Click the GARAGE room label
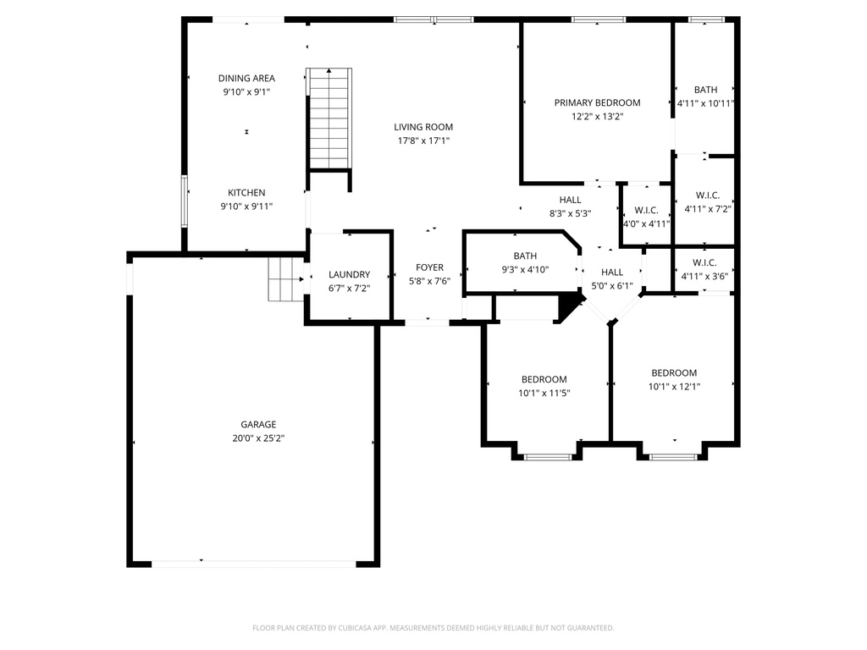[257, 425]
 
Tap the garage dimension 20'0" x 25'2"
[257, 438]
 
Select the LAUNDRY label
[349, 274]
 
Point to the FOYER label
[429, 267]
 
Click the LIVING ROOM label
[423, 127]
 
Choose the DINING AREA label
[246, 78]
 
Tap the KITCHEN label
[246, 192]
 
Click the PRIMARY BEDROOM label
[597, 102]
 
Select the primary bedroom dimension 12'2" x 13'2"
[597, 117]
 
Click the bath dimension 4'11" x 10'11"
[705, 103]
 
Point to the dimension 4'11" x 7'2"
[707, 208]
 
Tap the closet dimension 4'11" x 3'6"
[704, 276]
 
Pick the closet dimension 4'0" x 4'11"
[646, 224]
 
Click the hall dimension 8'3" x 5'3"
[570, 213]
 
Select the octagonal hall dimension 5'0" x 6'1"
[612, 285]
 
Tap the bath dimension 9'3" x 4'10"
[525, 269]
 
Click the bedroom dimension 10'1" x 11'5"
[544, 393]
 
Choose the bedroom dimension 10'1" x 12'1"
[674, 386]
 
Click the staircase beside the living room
[329, 118]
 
